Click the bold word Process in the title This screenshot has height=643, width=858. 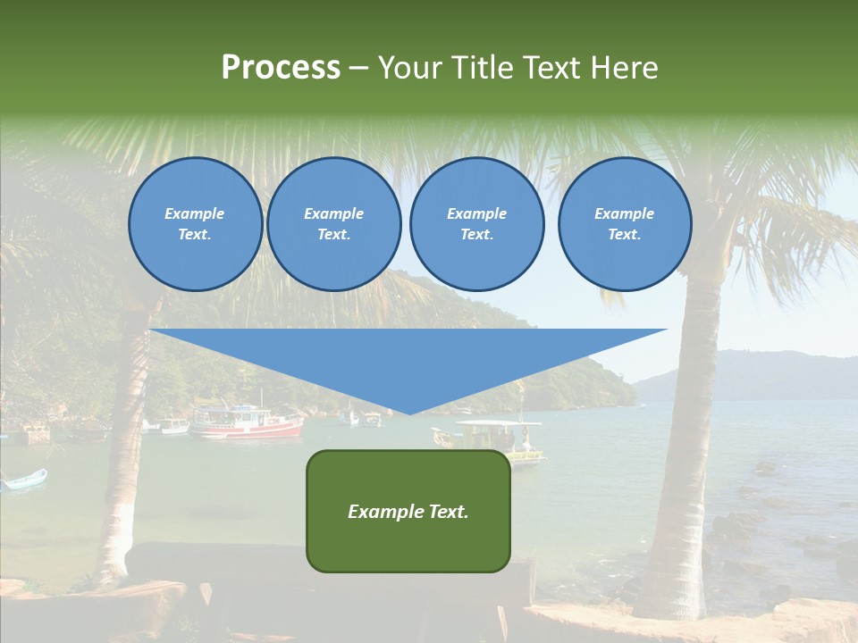(x=281, y=68)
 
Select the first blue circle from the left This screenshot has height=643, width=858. (x=195, y=224)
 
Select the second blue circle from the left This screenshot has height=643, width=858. (x=333, y=224)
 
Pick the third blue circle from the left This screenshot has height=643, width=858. (x=476, y=224)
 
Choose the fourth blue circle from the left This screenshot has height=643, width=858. (x=624, y=224)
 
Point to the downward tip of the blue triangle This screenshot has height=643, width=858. (x=408, y=413)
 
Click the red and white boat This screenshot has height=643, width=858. (x=247, y=423)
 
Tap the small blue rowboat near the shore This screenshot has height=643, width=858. (x=24, y=480)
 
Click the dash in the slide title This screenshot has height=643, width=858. (x=359, y=68)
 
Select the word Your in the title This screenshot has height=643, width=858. (x=411, y=68)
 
